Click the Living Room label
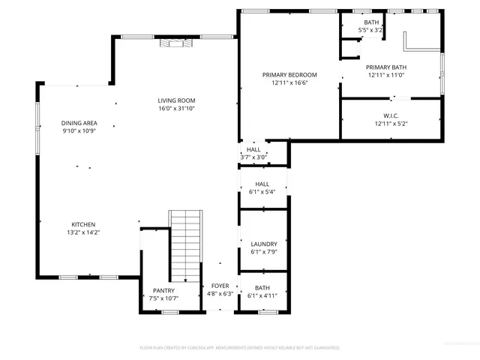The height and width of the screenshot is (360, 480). [x=176, y=100]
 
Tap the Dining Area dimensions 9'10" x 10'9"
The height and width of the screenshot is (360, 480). [x=79, y=130]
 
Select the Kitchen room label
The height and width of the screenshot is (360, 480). [x=83, y=224]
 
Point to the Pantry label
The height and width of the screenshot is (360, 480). [x=163, y=290]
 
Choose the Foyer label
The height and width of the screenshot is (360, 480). [x=220, y=286]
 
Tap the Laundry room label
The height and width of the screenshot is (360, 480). [x=264, y=244]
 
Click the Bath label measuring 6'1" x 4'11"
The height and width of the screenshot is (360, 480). [x=262, y=288]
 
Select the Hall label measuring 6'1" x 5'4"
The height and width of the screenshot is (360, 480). [x=262, y=184]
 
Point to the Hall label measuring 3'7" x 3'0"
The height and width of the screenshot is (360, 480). [x=253, y=149]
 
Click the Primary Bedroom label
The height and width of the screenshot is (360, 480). [x=289, y=74]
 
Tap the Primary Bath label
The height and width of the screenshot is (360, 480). [x=385, y=67]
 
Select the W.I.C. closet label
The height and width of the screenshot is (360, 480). [x=390, y=115]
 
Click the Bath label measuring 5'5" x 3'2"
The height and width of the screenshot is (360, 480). [x=371, y=22]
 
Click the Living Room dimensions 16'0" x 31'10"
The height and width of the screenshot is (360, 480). [x=176, y=109]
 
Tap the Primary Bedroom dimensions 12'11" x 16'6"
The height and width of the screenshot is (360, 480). [x=289, y=82]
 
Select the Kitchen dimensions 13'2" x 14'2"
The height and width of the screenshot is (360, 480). [x=83, y=232]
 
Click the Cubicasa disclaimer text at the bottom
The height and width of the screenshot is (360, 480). [x=240, y=348]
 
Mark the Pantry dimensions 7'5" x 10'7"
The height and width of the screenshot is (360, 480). [x=163, y=298]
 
